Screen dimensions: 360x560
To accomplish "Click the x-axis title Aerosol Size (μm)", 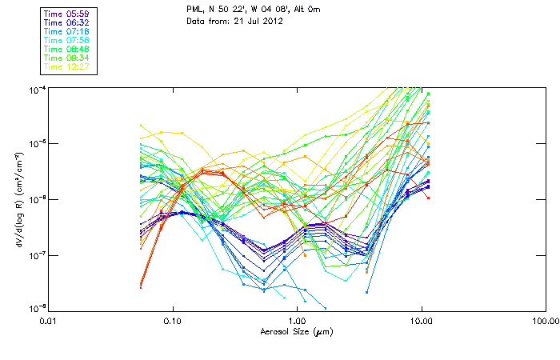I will pyautogui.click(x=297, y=330).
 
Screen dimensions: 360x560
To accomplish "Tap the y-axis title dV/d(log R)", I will pyautogui.click(x=18, y=198).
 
